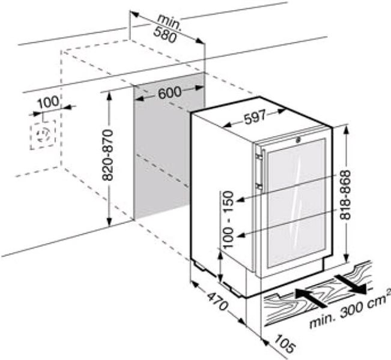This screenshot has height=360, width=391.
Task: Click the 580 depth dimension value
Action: click(165, 37)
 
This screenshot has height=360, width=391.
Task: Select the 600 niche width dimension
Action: click(171, 94)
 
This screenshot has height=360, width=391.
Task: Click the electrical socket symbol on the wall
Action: click(41, 133)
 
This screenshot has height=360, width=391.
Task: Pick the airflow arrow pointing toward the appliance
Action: click(310, 294)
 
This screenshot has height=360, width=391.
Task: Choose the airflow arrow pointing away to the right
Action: click(351, 283)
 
